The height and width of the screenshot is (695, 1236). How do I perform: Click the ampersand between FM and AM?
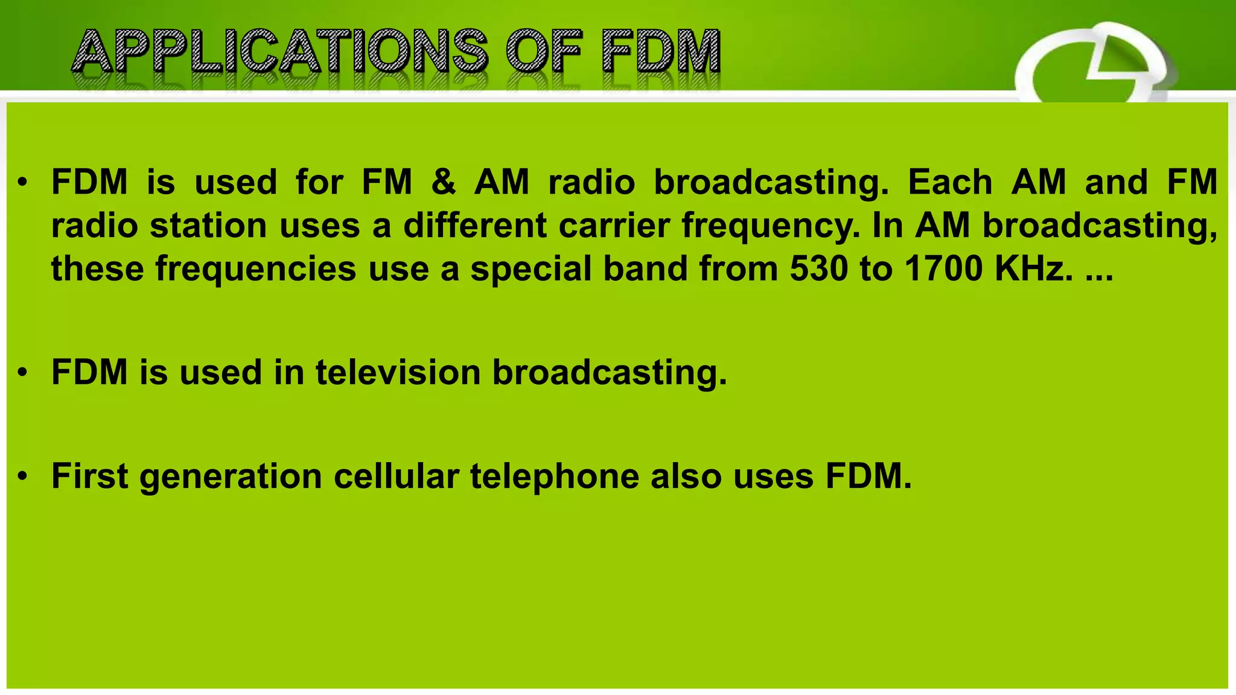[444, 182]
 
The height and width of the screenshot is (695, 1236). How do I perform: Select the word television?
[398, 372]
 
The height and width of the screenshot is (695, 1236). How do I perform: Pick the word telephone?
[555, 476]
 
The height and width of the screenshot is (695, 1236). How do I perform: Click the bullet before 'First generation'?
[23, 477]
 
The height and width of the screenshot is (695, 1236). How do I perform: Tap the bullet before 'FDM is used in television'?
[23, 373]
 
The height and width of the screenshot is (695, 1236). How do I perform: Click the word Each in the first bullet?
[950, 182]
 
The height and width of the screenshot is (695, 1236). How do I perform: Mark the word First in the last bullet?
[89, 476]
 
